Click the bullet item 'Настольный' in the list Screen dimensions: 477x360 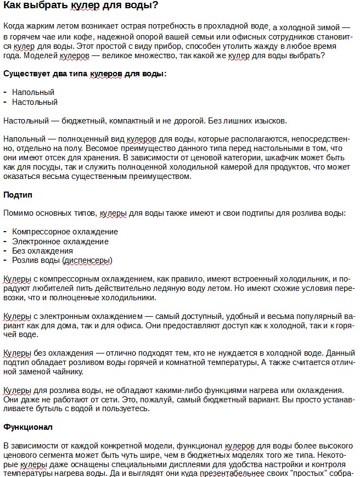point(35,102)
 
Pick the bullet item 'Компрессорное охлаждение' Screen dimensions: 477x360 point(65,232)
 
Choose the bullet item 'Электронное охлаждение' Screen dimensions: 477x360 point(60,242)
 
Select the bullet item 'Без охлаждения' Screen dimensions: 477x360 point(42,251)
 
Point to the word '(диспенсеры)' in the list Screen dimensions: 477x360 point(87,260)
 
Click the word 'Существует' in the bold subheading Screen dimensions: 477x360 point(25,73)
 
